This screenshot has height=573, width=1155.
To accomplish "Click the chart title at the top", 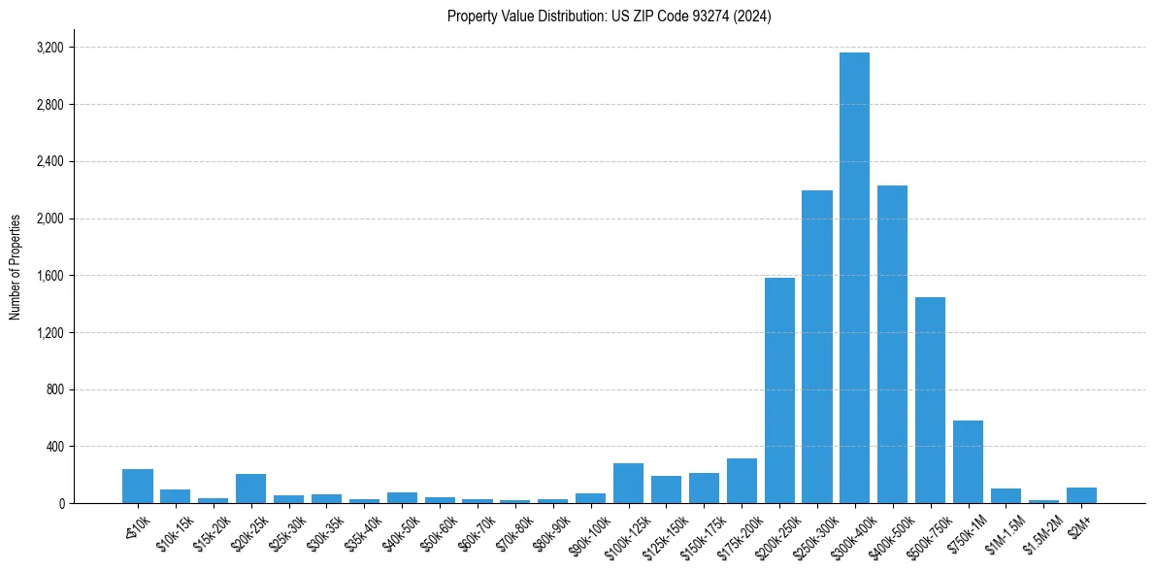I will (609, 17).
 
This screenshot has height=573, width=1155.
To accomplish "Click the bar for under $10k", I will (138, 487).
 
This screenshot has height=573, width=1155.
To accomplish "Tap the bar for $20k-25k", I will (250, 489).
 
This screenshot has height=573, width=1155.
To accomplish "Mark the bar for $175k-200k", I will (742, 481).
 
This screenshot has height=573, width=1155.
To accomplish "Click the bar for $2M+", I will (1081, 495).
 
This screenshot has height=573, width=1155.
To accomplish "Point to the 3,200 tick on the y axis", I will (49, 48).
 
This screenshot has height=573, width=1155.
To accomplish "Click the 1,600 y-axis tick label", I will (49, 276).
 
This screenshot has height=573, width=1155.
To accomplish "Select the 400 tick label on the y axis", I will (54, 447).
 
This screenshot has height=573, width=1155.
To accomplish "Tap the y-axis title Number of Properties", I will (16, 267).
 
